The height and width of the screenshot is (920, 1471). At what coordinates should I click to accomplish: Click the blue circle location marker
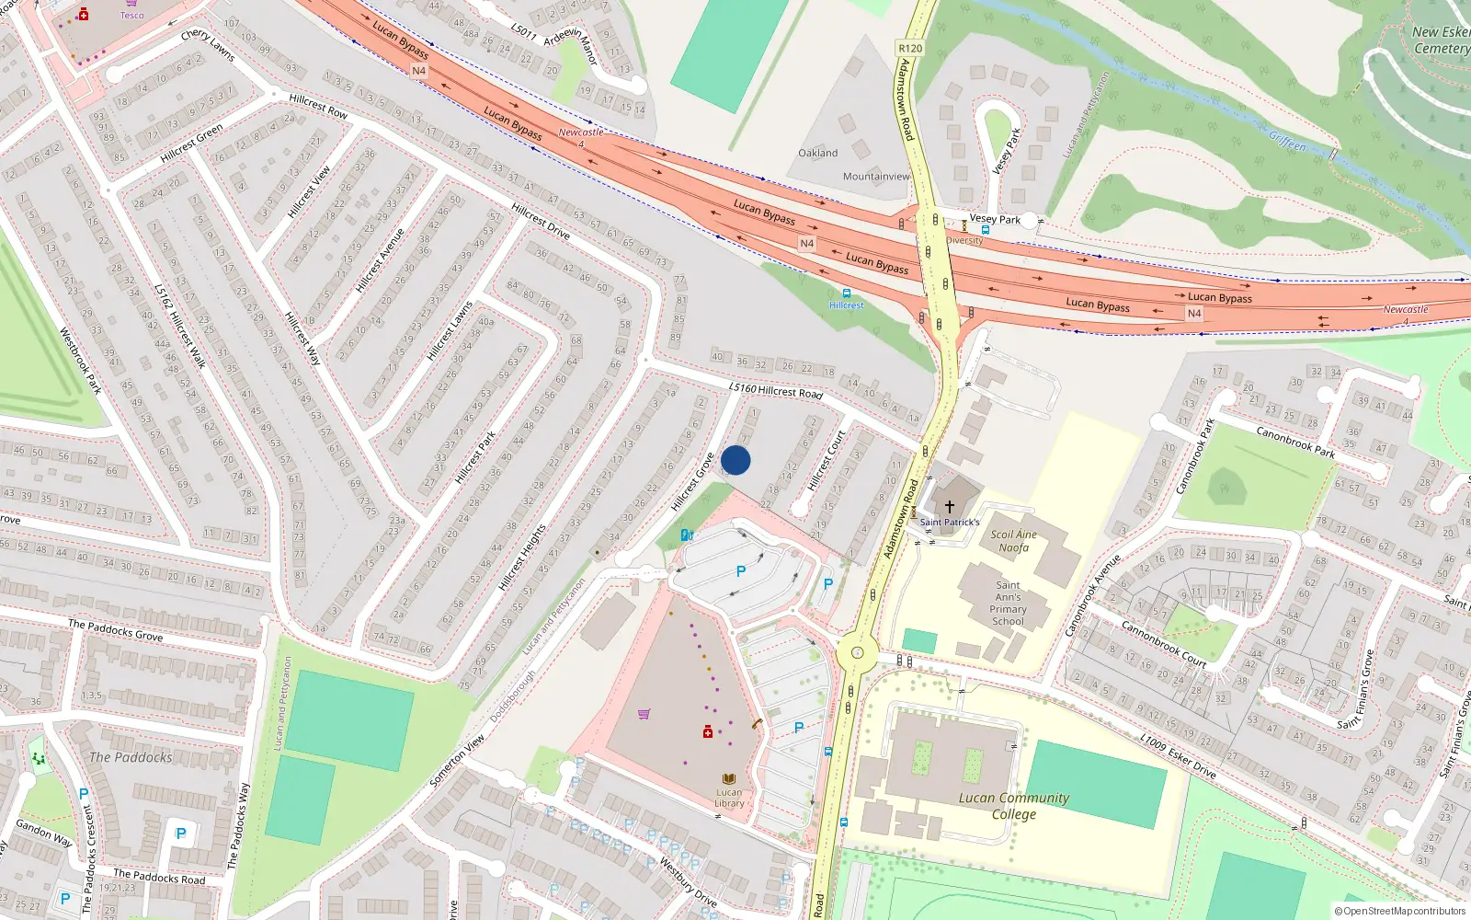point(735,460)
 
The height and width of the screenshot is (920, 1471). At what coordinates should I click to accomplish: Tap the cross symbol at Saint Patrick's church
point(950,507)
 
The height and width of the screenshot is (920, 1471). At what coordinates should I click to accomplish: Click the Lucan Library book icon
point(729,778)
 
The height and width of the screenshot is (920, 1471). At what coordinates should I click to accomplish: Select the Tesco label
point(131,15)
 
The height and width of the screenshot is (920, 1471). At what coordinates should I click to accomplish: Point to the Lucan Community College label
point(1014,806)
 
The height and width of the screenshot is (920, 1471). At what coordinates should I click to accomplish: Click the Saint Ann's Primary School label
point(1008,603)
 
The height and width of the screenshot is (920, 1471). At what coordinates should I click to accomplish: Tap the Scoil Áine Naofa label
point(1013,541)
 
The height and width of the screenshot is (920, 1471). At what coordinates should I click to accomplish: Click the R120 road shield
point(910,48)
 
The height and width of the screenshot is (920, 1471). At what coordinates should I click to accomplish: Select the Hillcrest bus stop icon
point(847,293)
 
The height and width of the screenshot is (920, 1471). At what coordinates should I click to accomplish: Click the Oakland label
point(817,153)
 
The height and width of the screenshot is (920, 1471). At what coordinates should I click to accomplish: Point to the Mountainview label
point(875,177)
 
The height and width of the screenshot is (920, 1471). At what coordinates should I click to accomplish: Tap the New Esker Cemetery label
point(1441,40)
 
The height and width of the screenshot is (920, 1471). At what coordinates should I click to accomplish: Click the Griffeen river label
point(1287,143)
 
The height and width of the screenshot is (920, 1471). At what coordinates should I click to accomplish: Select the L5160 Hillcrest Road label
point(776,391)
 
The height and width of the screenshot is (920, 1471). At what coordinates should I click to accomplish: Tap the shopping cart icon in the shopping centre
point(644,713)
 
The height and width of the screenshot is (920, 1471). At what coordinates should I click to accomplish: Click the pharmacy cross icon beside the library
point(707,731)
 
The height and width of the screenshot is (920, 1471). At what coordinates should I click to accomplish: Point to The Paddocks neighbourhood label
point(131,757)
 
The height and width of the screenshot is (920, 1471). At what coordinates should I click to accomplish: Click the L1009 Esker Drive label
point(1178,756)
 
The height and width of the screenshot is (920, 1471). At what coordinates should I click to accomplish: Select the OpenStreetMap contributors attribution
point(1400,911)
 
